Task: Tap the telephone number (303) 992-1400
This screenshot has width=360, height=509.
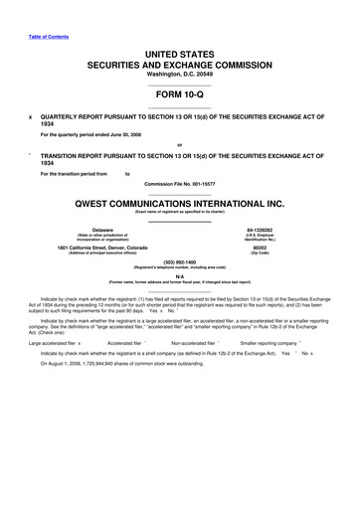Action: (x=180, y=263)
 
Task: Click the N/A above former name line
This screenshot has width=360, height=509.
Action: (x=180, y=276)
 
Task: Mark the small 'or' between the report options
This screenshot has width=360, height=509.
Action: (x=179, y=144)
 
